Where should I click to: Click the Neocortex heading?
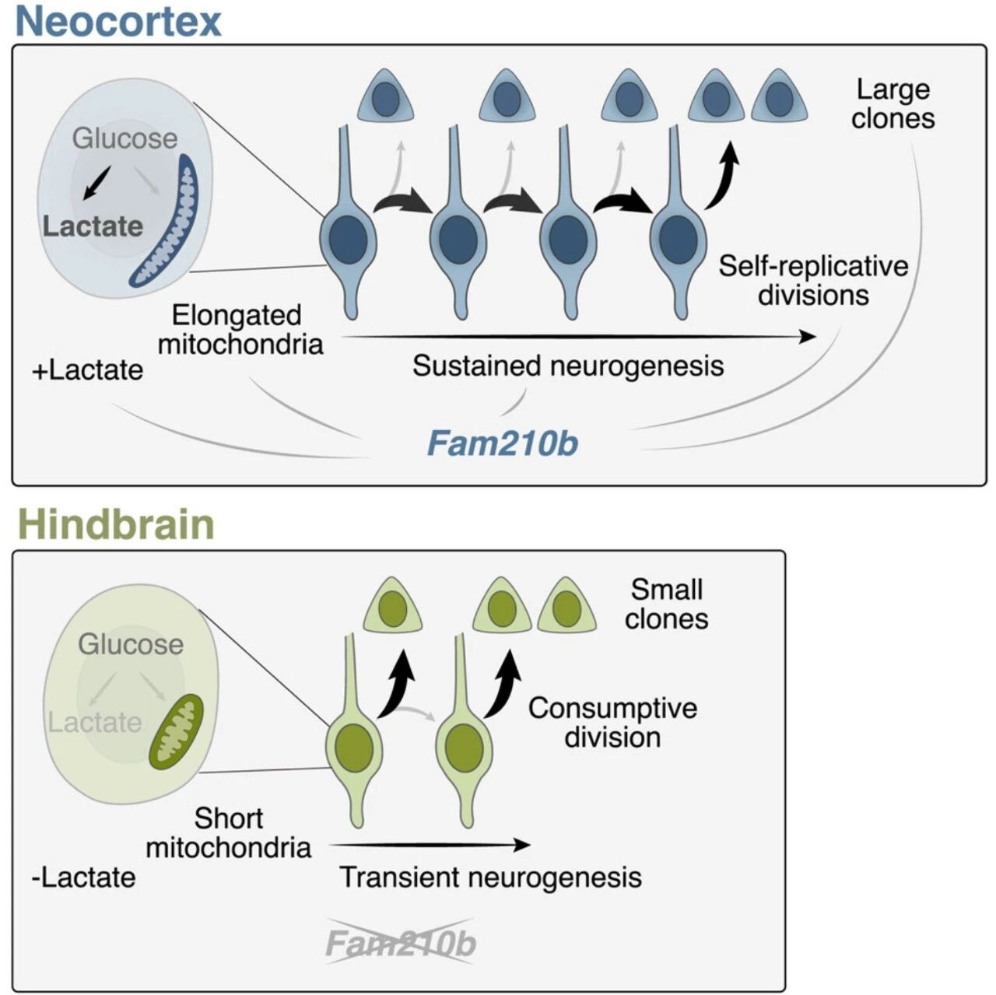pos(118,21)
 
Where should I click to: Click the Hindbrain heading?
pos(116,524)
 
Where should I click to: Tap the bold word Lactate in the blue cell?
pos(93,226)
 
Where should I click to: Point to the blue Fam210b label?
pos(503,443)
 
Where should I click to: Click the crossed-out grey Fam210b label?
pos(401,945)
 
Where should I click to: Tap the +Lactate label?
pos(87,370)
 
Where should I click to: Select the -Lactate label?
pos(84,878)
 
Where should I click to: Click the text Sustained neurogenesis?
pos(568,366)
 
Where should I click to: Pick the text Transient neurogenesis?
pos(490,878)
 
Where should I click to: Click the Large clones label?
pos(893,104)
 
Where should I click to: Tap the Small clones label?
pos(666,604)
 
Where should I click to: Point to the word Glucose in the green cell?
pos(131,644)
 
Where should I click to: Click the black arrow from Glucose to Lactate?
pos(96,183)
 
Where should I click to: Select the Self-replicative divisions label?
pos(813,281)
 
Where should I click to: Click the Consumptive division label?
pos(612,722)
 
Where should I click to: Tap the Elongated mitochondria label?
pos(240,329)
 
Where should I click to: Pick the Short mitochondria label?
pos(229,832)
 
